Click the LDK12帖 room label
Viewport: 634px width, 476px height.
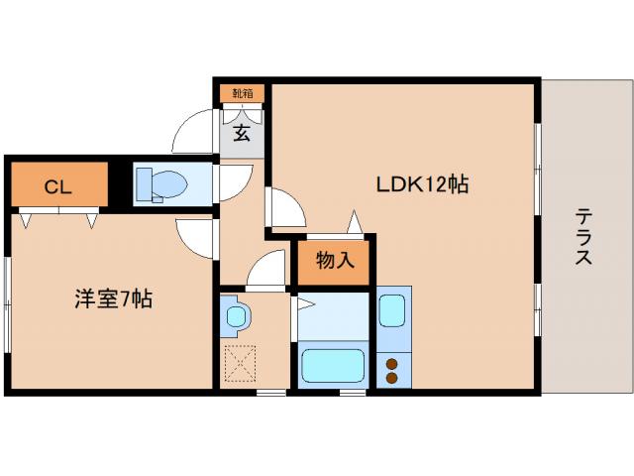coord(421,184)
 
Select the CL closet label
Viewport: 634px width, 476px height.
coord(55,184)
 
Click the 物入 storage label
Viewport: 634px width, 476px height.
coord(334,262)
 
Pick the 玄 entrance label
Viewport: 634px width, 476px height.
coord(242,134)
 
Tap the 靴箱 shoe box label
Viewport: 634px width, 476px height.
coord(242,93)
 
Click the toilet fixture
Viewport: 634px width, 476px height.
coord(162,184)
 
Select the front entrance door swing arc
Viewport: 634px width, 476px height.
coord(193,134)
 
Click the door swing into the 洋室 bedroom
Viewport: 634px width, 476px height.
coord(196,238)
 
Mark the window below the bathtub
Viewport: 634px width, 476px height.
coord(352,393)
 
